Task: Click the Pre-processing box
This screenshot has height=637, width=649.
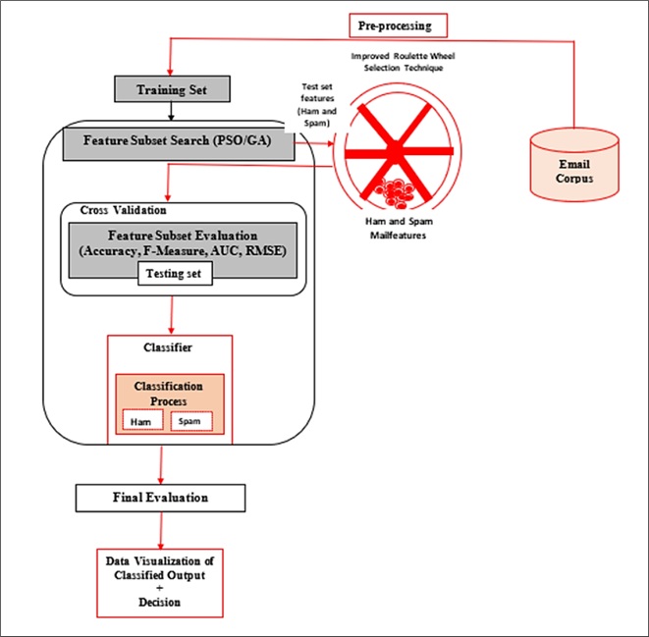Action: [398, 25]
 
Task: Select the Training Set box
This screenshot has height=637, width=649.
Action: [174, 91]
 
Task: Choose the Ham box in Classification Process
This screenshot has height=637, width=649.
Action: [142, 421]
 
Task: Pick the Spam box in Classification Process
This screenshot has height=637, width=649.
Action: [191, 421]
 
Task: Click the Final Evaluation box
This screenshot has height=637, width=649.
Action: [159, 498]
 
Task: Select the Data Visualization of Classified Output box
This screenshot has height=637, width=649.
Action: [158, 580]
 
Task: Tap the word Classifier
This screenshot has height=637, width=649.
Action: [168, 348]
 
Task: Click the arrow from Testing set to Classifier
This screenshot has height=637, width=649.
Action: [173, 312]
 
